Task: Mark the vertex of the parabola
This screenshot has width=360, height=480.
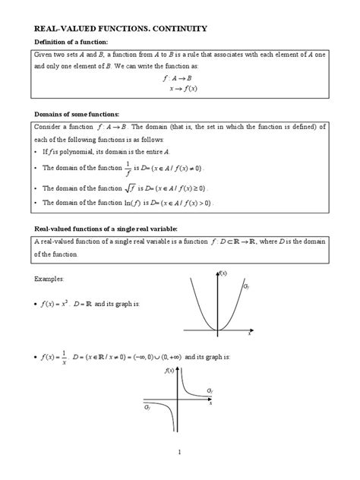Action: pyautogui.click(x=218, y=330)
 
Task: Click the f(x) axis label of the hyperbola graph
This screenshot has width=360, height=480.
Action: pyautogui.click(x=169, y=371)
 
